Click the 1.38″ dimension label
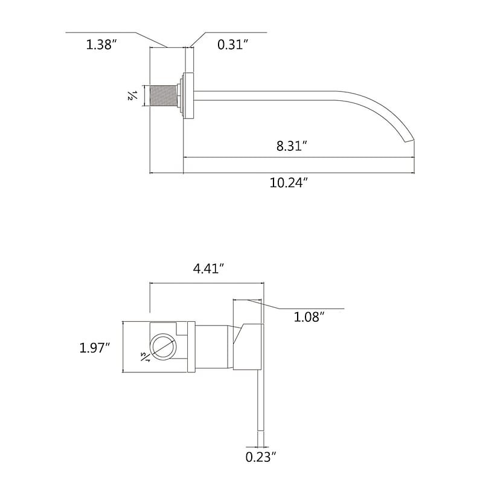(101, 45)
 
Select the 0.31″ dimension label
(232, 45)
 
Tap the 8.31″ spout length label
(292, 146)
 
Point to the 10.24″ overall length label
(289, 183)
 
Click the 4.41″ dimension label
(208, 269)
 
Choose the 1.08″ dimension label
(309, 316)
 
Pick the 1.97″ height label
(95, 348)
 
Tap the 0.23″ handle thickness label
(261, 457)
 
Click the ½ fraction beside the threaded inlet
(131, 95)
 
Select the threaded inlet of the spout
(163, 95)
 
